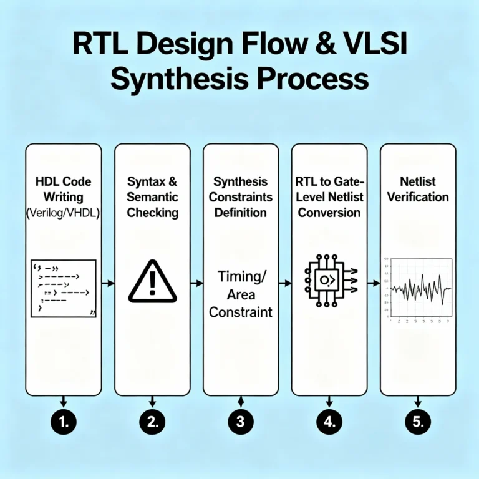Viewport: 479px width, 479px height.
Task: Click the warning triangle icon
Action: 152,283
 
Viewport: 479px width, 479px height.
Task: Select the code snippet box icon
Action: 63,288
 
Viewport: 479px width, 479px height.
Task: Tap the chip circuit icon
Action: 328,281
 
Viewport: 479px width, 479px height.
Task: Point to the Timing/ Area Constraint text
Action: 241,294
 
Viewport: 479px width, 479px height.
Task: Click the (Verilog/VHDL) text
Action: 63,213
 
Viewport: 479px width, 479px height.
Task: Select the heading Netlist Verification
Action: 417,190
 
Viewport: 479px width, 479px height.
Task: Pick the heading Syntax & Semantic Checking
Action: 152,197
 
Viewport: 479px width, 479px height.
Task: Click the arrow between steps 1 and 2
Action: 108,283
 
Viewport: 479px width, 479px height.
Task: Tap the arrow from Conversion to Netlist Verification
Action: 373,283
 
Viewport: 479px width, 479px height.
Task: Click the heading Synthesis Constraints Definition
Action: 241,197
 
